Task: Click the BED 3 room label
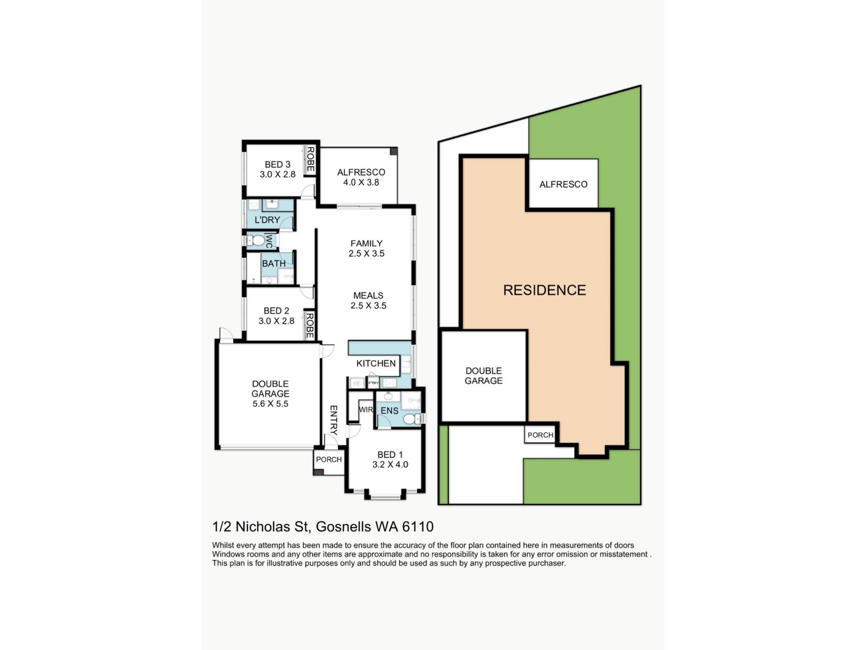tap(277, 165)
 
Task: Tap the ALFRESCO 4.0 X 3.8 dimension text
tap(361, 182)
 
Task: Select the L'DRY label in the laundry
tap(267, 220)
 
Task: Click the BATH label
tap(274, 264)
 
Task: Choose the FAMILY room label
tap(366, 243)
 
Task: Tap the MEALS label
tap(368, 296)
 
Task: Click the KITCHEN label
tap(376, 363)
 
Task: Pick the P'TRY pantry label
tap(373, 383)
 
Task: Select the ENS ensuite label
tap(390, 411)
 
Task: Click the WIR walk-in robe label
tap(366, 410)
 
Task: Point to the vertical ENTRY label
tap(333, 420)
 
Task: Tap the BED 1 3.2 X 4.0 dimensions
tap(390, 464)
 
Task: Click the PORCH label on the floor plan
tap(329, 460)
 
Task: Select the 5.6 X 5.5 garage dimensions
tap(270, 404)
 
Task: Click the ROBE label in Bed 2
tap(309, 325)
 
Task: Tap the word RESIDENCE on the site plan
tap(544, 290)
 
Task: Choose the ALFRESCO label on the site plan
tap(563, 184)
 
